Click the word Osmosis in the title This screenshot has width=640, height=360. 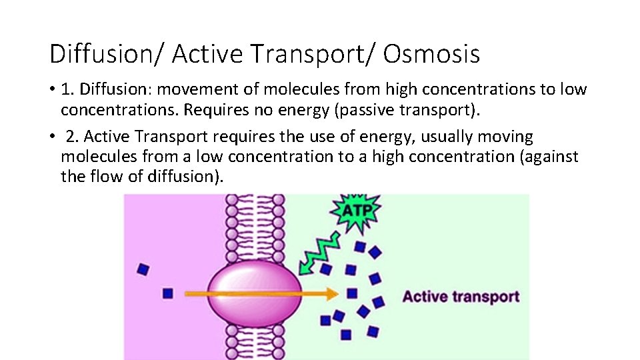(x=431, y=54)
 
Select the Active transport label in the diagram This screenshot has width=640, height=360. (x=461, y=297)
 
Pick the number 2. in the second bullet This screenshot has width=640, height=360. (x=73, y=137)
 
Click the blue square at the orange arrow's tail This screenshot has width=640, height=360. (x=167, y=293)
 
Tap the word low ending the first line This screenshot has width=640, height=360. (x=573, y=89)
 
